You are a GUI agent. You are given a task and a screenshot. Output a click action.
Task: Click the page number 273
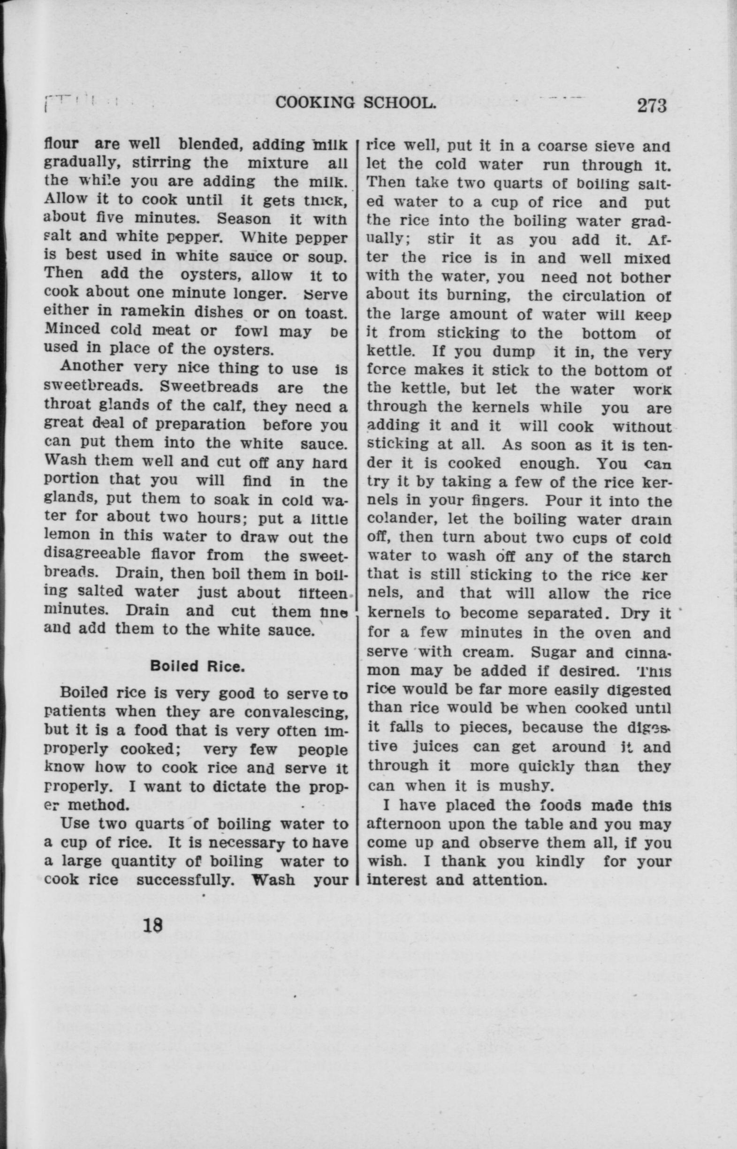tap(651, 105)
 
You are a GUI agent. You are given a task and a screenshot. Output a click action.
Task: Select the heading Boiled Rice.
tap(197, 666)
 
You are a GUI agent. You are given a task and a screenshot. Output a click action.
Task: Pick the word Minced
tap(72, 330)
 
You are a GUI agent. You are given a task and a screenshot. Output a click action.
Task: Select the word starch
tap(646, 556)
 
